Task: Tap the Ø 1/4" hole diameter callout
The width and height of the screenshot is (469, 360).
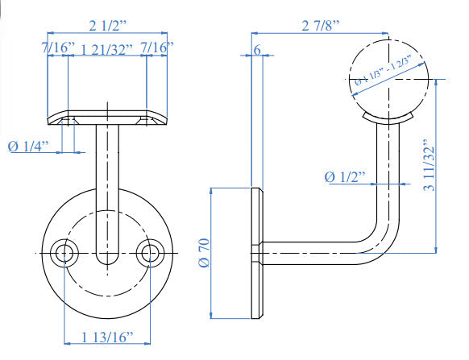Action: pos(28,146)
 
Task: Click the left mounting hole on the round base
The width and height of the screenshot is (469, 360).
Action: pos(63,253)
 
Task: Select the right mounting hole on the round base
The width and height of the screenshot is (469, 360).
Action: pos(147,253)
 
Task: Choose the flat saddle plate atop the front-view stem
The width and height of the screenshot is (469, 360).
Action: pos(105,118)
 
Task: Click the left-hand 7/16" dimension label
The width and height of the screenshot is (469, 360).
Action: pos(58,49)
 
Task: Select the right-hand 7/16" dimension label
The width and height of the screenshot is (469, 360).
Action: pos(156,49)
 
